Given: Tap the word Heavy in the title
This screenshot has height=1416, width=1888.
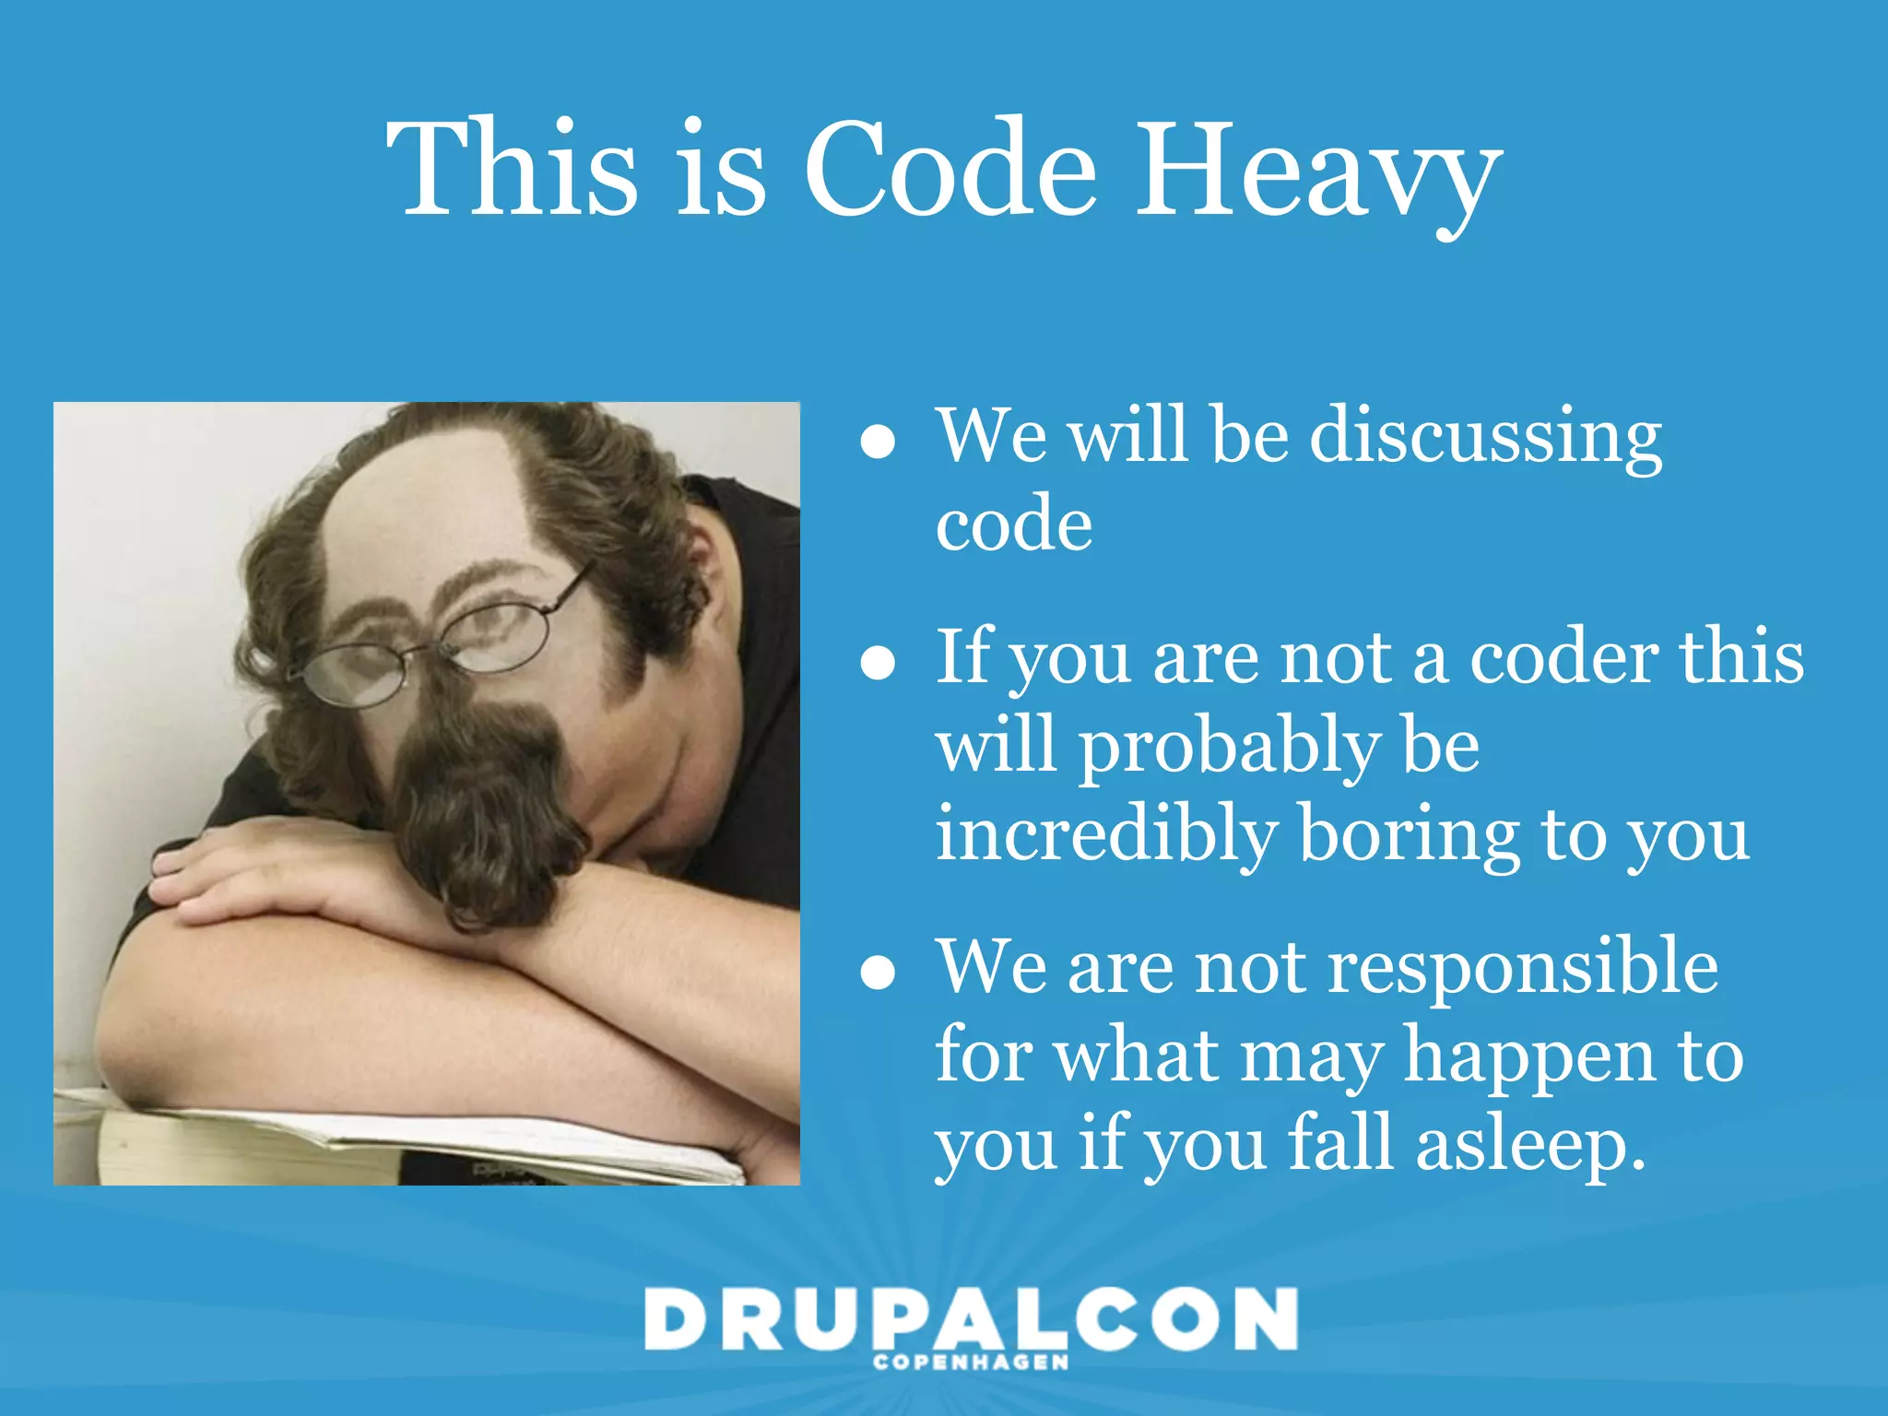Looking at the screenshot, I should tap(1318, 175).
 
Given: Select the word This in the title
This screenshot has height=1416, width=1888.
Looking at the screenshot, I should tap(513, 171).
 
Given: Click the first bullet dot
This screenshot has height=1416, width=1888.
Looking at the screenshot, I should tap(878, 442).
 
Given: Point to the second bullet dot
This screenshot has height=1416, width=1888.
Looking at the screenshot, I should tap(878, 662).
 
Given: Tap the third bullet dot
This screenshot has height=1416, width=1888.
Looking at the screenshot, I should tap(878, 972).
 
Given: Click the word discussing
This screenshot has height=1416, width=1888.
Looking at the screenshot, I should tap(1485, 438).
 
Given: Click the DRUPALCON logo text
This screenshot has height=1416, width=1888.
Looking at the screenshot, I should tap(971, 1319).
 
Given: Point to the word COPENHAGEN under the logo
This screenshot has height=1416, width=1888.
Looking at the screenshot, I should tap(971, 1363).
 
